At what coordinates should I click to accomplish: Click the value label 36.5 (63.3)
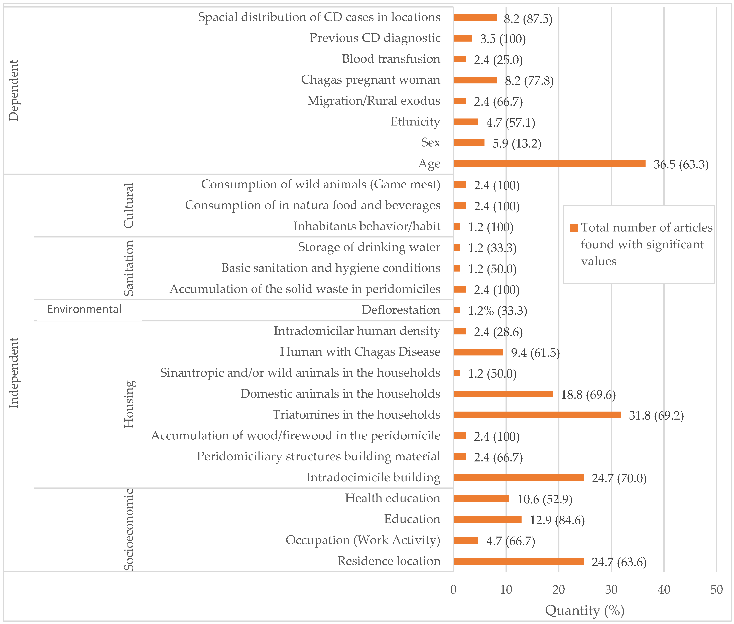[681, 165]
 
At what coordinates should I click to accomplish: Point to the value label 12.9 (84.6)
[557, 520]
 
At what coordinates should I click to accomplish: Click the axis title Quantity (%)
[584, 610]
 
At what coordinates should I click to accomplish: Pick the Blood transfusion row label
[391, 59]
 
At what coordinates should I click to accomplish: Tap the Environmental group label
[84, 309]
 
